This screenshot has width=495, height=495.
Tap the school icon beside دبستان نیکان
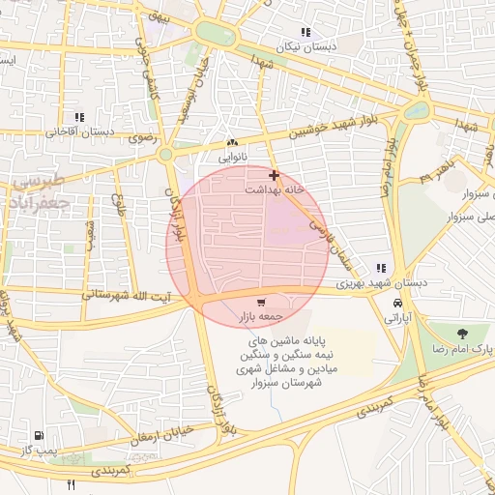click(306, 33)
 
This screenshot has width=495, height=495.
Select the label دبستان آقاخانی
click(82, 131)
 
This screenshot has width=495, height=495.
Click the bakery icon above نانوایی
click(231, 142)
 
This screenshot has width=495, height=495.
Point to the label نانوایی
click(232, 156)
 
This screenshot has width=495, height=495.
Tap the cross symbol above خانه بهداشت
click(275, 176)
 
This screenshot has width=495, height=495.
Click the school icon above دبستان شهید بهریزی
click(381, 268)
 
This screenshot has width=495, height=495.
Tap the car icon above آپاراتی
click(397, 303)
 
